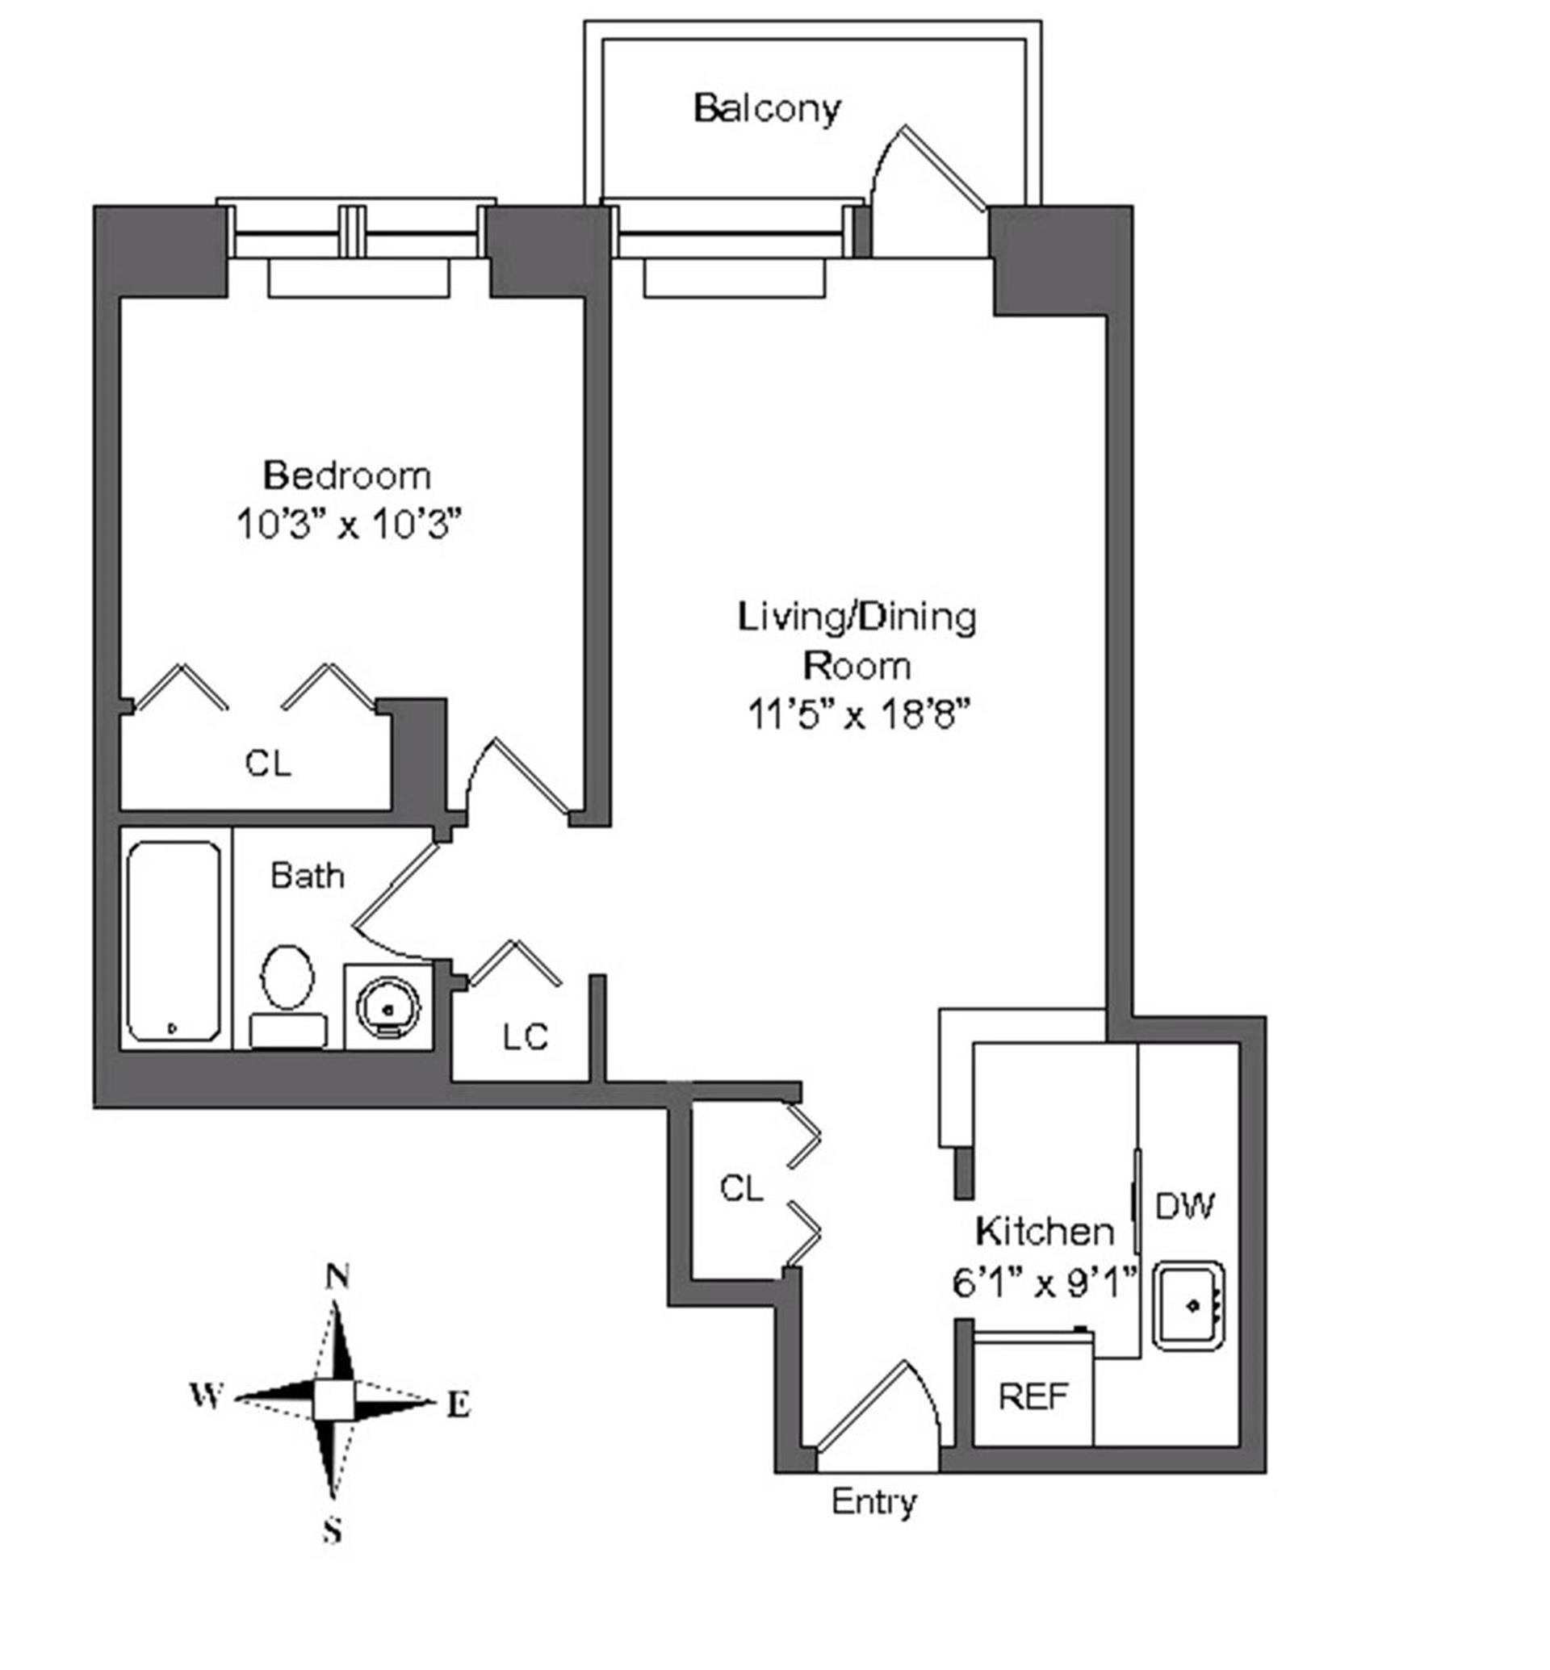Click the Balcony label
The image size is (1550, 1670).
tap(767, 109)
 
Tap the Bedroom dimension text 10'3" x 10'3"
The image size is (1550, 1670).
tap(349, 526)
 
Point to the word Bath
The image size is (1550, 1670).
tap(307, 877)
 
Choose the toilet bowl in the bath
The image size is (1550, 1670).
tap(287, 977)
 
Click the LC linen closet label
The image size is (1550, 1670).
tap(525, 1037)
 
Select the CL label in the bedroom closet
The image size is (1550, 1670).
tap(267, 764)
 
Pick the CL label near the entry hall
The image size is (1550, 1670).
tap(741, 1189)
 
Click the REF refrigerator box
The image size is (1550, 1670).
tap(1033, 1396)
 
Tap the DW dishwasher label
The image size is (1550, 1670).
tap(1184, 1206)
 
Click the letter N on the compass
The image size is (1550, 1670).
tap(337, 1277)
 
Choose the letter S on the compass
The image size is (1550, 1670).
tap(333, 1532)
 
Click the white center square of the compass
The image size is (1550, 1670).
tap(334, 1400)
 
